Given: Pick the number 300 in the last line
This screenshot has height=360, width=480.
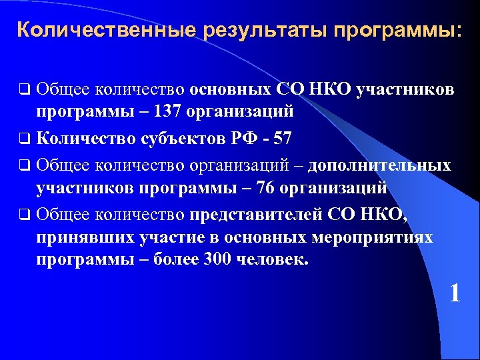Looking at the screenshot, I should [x=210, y=259].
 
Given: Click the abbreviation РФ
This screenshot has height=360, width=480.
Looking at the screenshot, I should [x=245, y=139].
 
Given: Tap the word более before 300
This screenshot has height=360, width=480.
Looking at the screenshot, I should [x=174, y=259].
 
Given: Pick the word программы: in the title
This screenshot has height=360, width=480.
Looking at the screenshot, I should [x=397, y=30].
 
